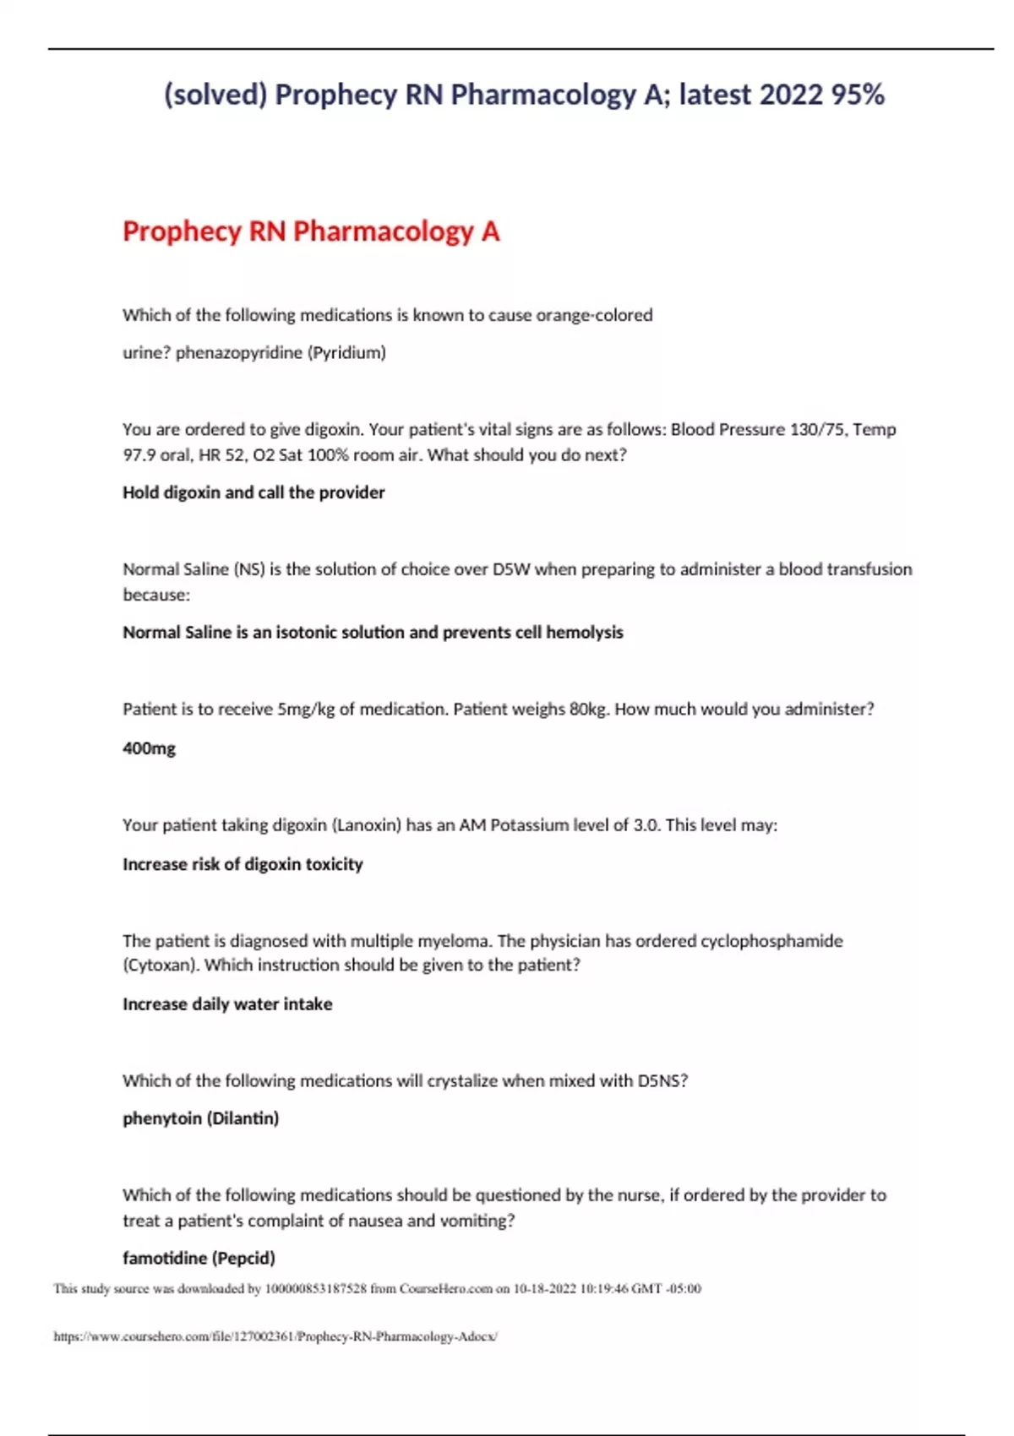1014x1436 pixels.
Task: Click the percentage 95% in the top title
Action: click(857, 95)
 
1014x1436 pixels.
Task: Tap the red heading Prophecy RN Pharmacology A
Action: click(311, 231)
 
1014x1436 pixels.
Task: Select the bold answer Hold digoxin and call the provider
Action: click(253, 492)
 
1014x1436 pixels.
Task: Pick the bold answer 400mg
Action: click(150, 748)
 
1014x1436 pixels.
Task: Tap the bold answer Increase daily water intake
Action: click(227, 1004)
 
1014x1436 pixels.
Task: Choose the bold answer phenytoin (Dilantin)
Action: click(200, 1118)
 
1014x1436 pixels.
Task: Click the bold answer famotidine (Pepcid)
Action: click(199, 1258)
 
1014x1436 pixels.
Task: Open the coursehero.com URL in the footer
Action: click(275, 1336)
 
